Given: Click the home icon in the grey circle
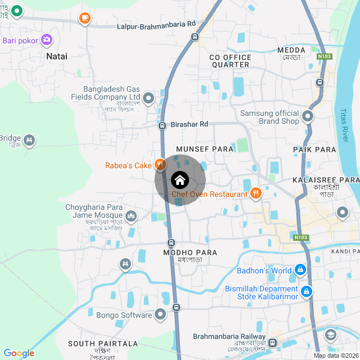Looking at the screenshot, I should coord(179,180).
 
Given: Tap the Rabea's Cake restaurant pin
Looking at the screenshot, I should coord(160,165).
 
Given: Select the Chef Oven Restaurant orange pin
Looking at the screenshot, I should coord(256,194).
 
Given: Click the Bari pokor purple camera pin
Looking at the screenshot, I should coord(47,39).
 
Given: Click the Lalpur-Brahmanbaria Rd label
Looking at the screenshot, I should coord(156,26).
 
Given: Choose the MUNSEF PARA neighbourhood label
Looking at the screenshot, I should coord(205,148).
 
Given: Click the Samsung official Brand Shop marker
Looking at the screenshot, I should coord(308,117).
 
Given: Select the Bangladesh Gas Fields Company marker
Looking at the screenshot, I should coord(148,98).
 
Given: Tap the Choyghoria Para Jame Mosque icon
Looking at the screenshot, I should coord(131,215).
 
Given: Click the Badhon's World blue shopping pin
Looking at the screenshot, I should coord(300,270).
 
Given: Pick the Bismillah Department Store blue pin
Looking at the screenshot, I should coord(307,292).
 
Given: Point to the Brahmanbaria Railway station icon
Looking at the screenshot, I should coord(272,343).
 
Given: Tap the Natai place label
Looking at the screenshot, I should coord(57,56).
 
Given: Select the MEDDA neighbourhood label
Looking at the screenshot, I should coord(291,50).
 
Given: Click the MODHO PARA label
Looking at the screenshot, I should coord(190,253).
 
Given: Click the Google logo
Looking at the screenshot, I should coord(19,353).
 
